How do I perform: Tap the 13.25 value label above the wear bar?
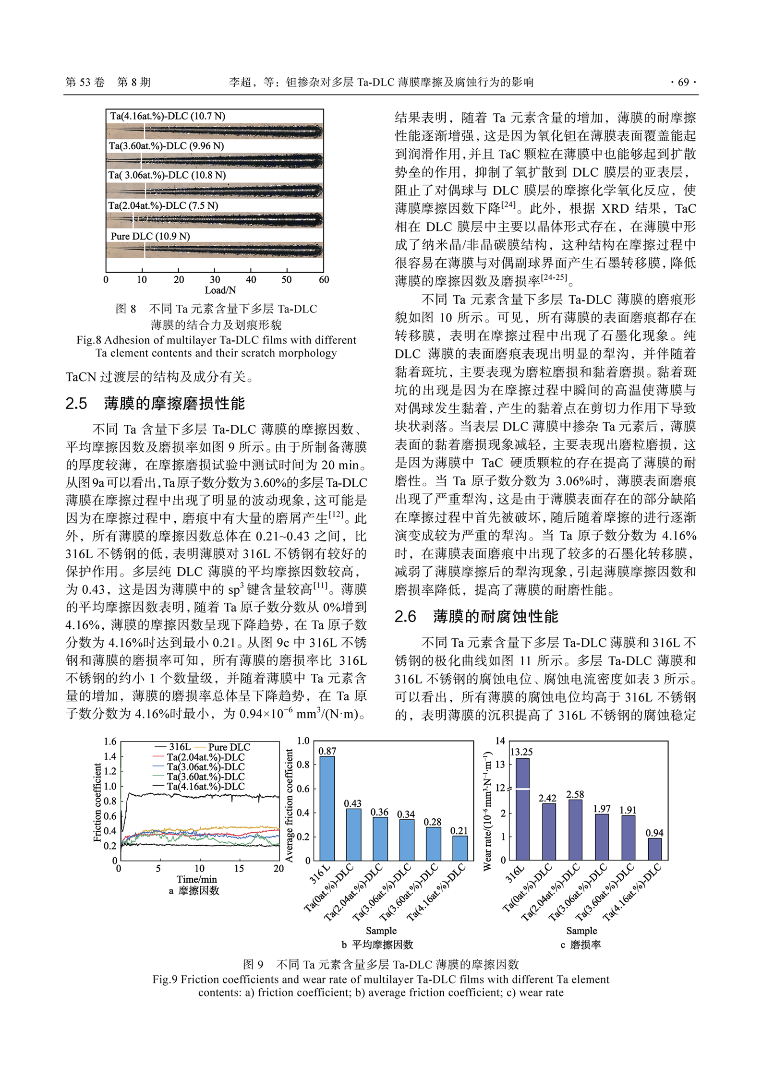click(x=521, y=752)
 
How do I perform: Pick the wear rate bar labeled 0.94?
click(x=655, y=849)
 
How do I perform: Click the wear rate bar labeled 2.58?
click(x=575, y=829)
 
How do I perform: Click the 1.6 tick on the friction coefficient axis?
click(x=110, y=742)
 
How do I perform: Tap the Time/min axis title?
click(x=197, y=879)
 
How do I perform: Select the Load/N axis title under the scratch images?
click(x=220, y=290)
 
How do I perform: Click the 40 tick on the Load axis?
click(x=251, y=279)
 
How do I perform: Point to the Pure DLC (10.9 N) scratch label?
click(x=150, y=236)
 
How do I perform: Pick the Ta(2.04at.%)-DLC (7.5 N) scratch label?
click(x=163, y=205)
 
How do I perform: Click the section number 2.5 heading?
click(x=76, y=403)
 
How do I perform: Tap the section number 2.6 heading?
click(x=405, y=616)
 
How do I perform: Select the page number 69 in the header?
click(x=683, y=82)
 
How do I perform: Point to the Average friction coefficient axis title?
click(x=289, y=806)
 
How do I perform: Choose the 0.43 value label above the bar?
click(x=353, y=803)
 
